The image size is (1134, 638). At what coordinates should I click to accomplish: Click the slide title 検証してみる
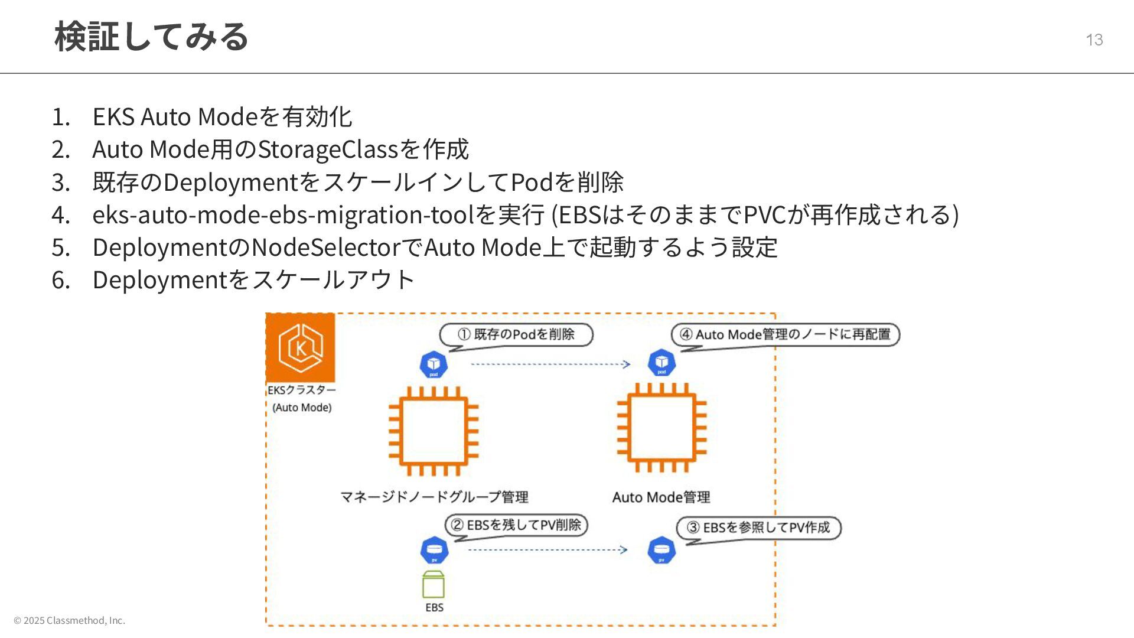click(151, 37)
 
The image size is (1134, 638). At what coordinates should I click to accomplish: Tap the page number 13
click(1094, 40)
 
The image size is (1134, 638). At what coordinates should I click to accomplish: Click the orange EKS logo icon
click(301, 348)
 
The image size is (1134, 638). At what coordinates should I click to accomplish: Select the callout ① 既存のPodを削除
click(516, 335)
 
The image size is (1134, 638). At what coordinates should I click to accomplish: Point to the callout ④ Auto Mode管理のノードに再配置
click(786, 335)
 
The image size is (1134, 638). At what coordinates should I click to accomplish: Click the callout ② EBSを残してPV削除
click(516, 525)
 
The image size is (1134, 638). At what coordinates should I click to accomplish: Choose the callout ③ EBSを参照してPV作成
click(759, 528)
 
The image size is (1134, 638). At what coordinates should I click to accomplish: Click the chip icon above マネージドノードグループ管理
click(434, 431)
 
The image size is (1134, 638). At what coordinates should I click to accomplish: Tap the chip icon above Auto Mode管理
click(661, 428)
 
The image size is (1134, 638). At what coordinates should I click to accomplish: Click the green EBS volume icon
click(434, 585)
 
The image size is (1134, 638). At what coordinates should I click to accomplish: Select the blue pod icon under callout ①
click(434, 364)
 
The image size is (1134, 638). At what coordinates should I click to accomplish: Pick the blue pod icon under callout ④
click(661, 363)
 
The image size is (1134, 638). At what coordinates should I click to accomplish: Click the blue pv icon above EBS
click(434, 551)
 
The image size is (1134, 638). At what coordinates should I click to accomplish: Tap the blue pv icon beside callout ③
click(661, 551)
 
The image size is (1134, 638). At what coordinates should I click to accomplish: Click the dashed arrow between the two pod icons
click(550, 364)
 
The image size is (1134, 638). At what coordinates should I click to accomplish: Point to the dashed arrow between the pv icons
click(548, 550)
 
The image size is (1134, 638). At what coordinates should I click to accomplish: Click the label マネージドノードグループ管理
click(434, 497)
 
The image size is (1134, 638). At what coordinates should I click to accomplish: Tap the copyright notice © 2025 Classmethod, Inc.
click(70, 620)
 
